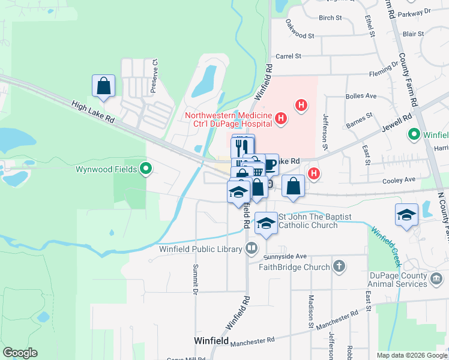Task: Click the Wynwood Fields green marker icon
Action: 145,169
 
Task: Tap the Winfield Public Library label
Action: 200,248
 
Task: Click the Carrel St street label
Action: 288,56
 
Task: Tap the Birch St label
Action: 330,18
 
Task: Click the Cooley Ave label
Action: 402,179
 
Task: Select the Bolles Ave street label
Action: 361,95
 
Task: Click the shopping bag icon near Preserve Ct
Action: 103,86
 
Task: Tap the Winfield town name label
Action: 211,341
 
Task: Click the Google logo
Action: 20,353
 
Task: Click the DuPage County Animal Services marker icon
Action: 436,278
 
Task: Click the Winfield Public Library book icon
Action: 251,248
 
